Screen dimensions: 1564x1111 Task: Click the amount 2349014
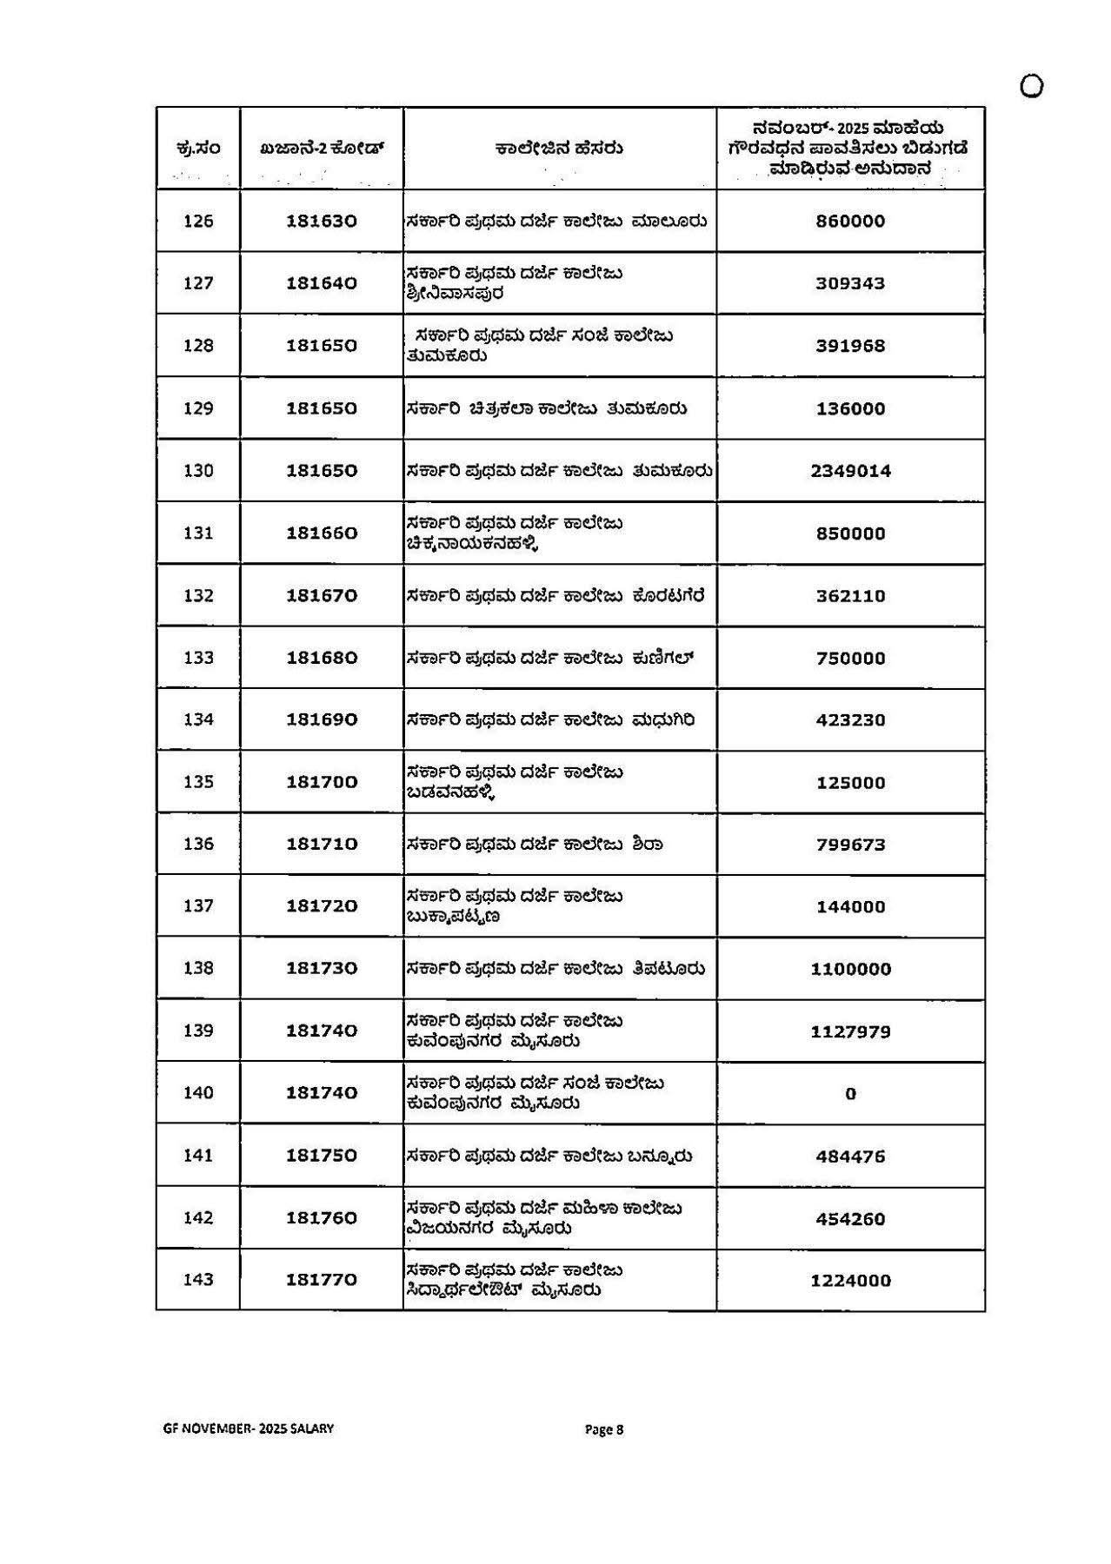[x=850, y=471]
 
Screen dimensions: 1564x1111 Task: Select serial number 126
[x=198, y=221]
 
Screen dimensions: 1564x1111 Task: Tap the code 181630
[x=322, y=221]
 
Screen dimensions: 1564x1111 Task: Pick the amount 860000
[x=850, y=221]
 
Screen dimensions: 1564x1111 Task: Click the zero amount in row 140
[x=850, y=1094]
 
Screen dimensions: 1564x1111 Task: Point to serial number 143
[x=198, y=1280]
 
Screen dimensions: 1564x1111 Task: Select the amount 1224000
[x=850, y=1281]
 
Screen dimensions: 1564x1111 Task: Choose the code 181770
[x=322, y=1280]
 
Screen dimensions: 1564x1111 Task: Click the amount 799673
[x=850, y=845]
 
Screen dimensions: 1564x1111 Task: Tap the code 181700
[x=322, y=782]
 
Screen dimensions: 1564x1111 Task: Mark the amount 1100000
[x=850, y=969]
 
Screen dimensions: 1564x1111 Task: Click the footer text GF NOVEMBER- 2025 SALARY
[x=248, y=1428]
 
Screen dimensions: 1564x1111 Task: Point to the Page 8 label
[x=604, y=1429]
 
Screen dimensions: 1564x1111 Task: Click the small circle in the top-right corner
[x=1031, y=86]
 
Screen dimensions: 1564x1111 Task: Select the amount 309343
[x=850, y=283]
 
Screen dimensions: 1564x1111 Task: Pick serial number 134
[x=198, y=719]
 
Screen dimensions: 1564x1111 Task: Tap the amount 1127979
[x=850, y=1031]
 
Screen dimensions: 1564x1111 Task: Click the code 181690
[x=322, y=719]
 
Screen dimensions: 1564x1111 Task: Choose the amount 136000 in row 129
[x=850, y=408]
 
